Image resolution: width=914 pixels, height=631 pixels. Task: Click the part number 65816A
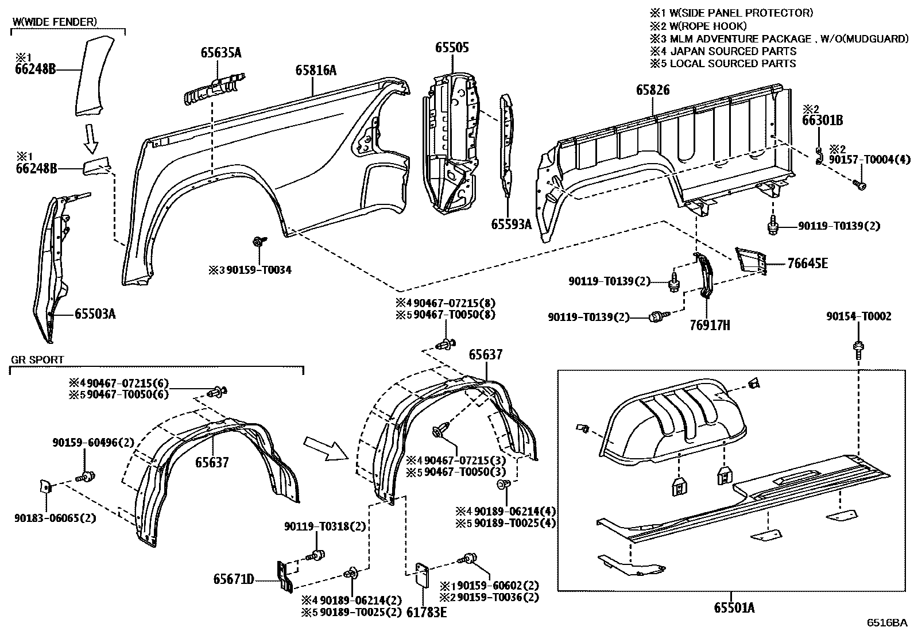click(316, 70)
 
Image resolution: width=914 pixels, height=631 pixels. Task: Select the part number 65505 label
click(452, 47)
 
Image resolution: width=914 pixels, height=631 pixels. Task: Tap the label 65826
click(653, 90)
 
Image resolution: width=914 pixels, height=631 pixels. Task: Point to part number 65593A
click(511, 224)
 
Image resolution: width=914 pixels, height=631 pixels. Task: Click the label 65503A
click(95, 313)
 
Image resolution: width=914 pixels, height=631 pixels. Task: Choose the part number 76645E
click(808, 264)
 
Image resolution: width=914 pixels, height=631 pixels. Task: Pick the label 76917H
click(710, 326)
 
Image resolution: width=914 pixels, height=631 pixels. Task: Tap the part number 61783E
click(427, 612)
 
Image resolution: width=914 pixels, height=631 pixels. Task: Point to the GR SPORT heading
click(37, 360)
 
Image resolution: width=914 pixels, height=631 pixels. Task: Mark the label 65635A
click(221, 53)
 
